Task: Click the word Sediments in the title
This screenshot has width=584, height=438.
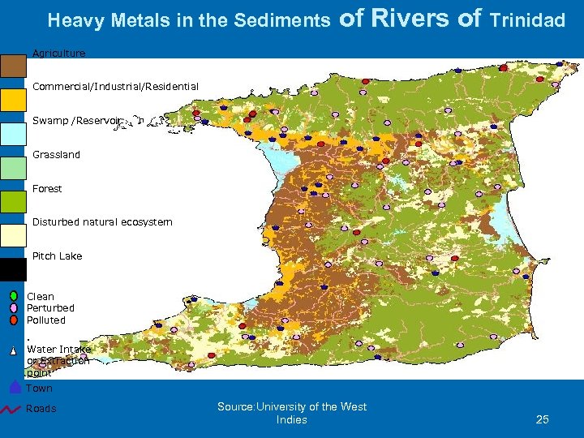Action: click(281, 20)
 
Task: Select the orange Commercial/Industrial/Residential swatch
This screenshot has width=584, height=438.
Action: click(13, 99)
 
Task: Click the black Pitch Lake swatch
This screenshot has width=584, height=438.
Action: click(13, 268)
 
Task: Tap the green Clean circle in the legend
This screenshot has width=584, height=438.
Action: click(15, 296)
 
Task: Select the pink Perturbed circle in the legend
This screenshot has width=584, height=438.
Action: click(15, 308)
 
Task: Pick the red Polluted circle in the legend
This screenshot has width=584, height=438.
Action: click(15, 320)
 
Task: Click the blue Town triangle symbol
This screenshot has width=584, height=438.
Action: click(15, 387)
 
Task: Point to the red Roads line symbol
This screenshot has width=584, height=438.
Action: click(11, 408)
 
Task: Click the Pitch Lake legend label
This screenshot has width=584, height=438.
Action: click(57, 256)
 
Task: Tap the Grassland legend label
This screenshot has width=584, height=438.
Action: click(56, 155)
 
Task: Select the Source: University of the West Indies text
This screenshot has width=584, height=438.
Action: click(291, 413)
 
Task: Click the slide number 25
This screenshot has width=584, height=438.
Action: click(543, 419)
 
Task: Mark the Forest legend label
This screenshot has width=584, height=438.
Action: click(47, 189)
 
